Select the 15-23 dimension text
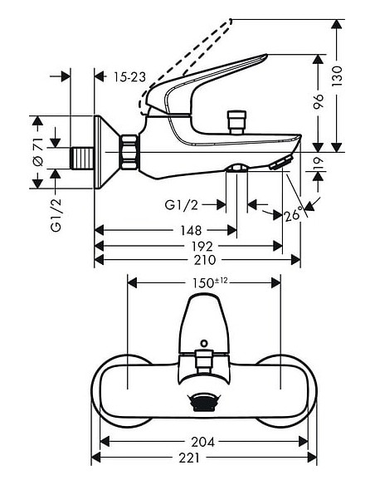(130, 76)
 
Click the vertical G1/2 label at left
(57, 214)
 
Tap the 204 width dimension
(203, 442)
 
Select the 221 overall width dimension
(203, 457)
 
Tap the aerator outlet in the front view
(203, 402)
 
